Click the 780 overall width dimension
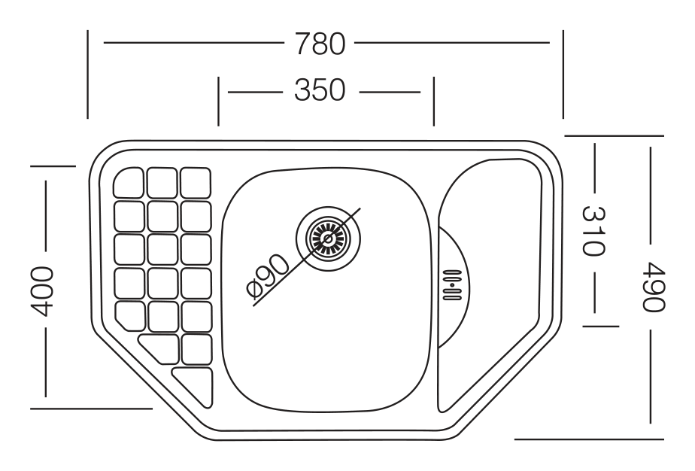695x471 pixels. point(320,44)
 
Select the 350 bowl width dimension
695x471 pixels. point(320,90)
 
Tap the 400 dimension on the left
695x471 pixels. point(42,291)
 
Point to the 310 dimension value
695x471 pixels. point(593,231)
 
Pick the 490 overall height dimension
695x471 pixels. point(654,287)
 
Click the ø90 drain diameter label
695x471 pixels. point(267,276)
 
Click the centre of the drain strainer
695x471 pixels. point(329,239)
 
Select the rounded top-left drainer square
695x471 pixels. point(129,182)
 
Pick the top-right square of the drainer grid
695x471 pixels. point(196,183)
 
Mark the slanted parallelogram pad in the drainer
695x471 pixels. point(159,348)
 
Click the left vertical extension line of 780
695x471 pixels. point(88,74)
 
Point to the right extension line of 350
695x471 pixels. point(433,102)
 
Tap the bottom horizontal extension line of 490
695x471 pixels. point(589,439)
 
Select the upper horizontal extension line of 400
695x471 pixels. point(53,166)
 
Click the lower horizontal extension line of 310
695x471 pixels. point(600,327)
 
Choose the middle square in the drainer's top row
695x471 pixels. point(162,182)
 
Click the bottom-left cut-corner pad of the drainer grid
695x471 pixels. point(130,316)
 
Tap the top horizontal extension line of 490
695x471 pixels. point(614,135)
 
